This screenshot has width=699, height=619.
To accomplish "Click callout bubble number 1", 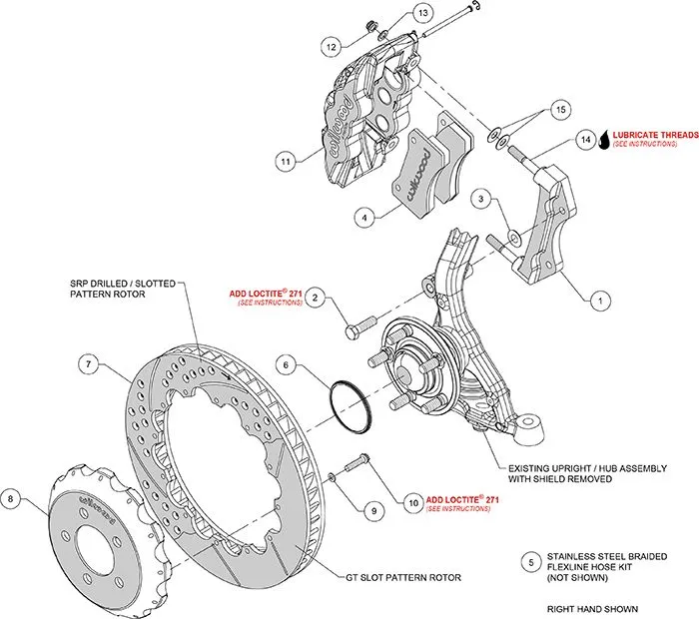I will (x=600, y=298).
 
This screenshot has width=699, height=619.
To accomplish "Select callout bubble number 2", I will (x=315, y=297).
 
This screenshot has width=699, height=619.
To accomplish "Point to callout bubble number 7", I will (x=89, y=365).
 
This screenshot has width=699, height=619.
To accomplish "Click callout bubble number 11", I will (x=285, y=160).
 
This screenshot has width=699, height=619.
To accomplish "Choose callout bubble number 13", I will (x=423, y=13).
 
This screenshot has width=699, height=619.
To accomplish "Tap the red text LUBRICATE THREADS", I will (x=656, y=132).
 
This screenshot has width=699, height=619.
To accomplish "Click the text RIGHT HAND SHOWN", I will (x=592, y=608).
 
